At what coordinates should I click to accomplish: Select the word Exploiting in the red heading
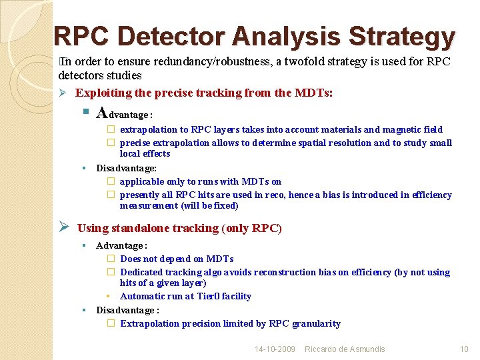point(103,93)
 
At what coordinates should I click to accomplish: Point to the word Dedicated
point(143,272)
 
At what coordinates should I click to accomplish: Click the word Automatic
point(143,296)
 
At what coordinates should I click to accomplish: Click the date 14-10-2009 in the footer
point(275,349)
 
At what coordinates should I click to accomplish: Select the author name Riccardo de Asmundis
point(345,349)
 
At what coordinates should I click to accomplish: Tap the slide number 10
point(464,349)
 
